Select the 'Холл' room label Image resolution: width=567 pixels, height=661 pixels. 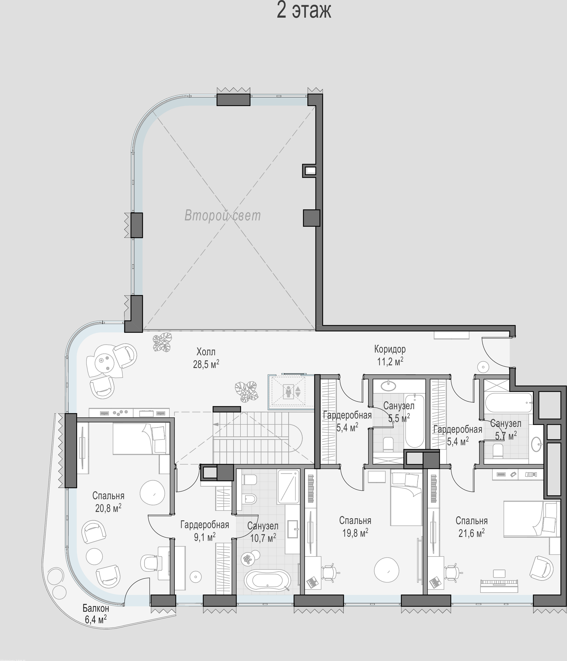(206, 352)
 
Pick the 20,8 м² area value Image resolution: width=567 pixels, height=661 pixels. (108, 508)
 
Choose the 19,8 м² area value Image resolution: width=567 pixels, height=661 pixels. (355, 533)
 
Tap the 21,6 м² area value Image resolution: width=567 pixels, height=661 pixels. (472, 533)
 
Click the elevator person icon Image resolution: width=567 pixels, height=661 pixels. (289, 392)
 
